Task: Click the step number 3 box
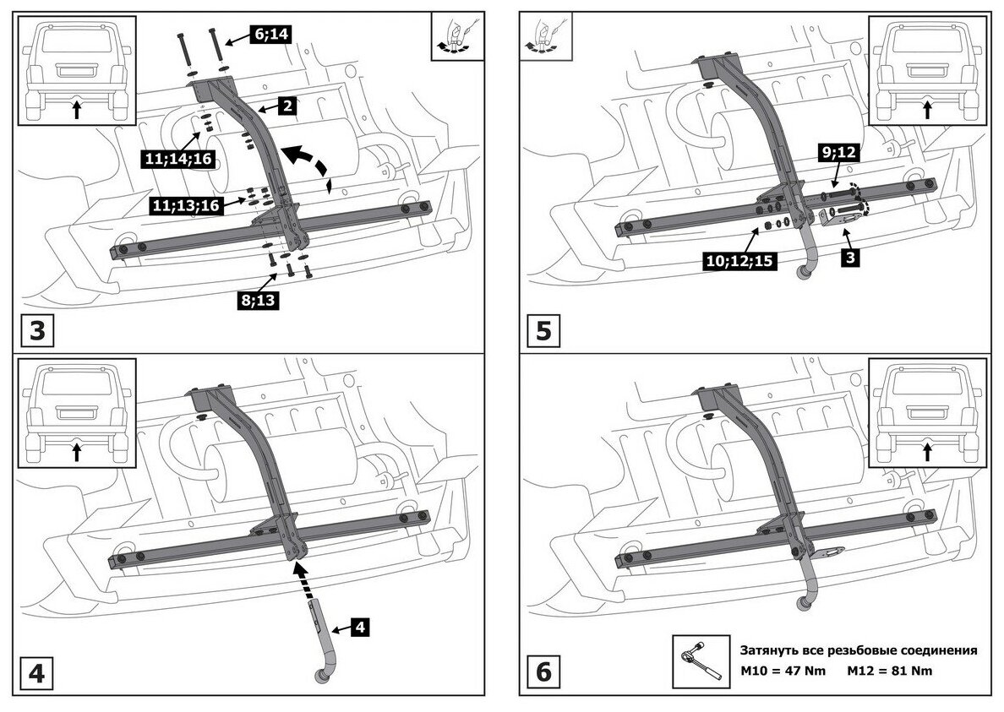pos(38,329)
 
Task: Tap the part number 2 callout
pos(287,106)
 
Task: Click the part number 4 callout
pos(358,627)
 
